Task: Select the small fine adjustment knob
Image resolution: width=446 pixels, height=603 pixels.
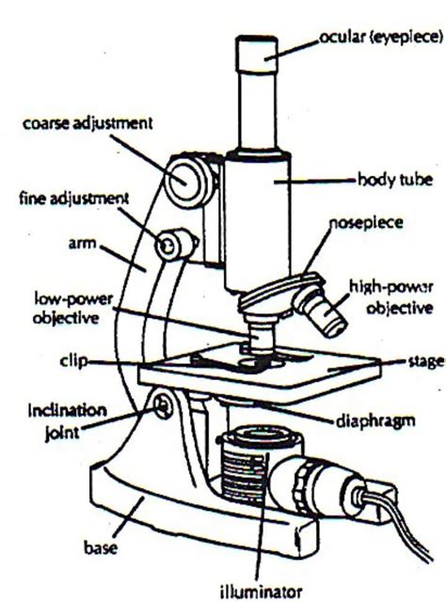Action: (170, 245)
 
